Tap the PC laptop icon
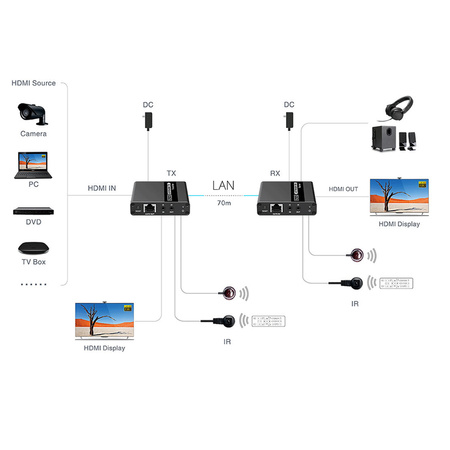(31, 162)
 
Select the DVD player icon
(31, 212)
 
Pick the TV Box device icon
(31, 247)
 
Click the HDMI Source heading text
(34, 83)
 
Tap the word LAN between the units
(224, 185)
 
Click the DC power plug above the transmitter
(148, 120)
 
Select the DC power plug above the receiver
(290, 120)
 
